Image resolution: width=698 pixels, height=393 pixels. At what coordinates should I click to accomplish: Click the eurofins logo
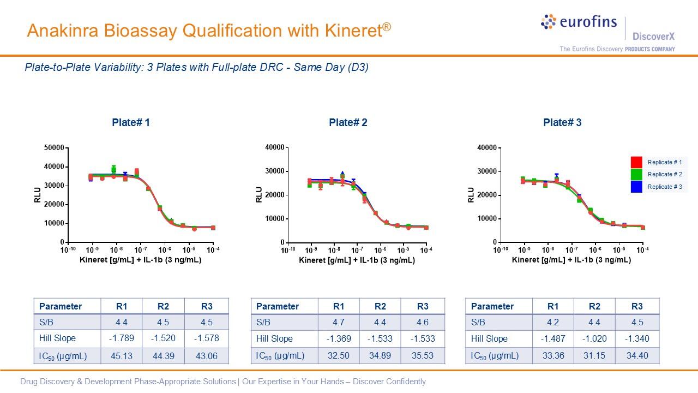tap(579, 22)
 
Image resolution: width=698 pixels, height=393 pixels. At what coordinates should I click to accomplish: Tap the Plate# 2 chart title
tap(348, 123)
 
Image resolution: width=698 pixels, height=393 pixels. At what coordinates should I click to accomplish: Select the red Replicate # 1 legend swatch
tap(636, 162)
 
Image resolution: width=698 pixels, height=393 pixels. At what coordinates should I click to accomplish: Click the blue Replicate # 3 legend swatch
tap(636, 187)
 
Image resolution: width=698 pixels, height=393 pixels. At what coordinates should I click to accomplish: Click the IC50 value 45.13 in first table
tap(121, 356)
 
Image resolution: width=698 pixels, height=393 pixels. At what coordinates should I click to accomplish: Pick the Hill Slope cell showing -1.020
tap(594, 338)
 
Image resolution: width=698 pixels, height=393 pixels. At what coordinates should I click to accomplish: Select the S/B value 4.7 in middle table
tap(338, 322)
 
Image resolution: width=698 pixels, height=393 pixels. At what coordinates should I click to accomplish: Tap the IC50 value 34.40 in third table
tap(637, 356)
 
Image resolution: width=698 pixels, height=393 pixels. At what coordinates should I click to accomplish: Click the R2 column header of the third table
tap(594, 306)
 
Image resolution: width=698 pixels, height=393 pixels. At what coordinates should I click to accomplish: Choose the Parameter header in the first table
tap(61, 306)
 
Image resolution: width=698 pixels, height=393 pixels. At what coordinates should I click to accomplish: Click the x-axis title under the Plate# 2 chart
tap(357, 260)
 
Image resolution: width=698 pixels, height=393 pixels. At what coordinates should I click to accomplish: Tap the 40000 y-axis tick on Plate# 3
tap(486, 148)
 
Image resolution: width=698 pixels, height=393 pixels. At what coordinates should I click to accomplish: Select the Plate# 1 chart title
tap(131, 123)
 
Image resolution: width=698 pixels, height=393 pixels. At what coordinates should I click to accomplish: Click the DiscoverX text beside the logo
tap(653, 37)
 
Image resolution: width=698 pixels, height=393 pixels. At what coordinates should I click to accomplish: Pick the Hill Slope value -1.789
tap(121, 338)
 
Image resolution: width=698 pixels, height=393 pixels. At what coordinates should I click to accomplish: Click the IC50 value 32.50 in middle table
tap(338, 356)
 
